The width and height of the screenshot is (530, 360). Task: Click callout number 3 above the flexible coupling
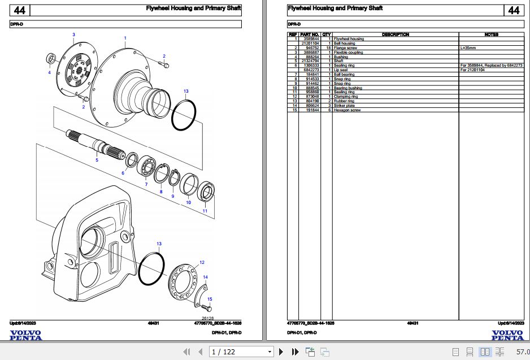pos(73,35)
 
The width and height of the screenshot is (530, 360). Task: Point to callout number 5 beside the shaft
pos(97,161)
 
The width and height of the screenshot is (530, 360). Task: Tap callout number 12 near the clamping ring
pos(202,262)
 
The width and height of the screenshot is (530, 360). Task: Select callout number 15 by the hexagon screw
pos(210,299)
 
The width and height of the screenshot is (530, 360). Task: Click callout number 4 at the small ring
pos(49,72)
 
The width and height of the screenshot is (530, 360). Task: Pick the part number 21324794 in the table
pos(309,61)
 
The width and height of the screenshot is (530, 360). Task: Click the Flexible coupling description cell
pos(349,53)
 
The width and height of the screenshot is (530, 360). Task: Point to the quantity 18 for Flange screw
pos(327,48)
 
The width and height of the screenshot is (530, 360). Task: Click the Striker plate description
pos(345,106)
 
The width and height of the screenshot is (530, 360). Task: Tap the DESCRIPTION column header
pos(396,34)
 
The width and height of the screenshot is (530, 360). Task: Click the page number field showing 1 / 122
pos(241,352)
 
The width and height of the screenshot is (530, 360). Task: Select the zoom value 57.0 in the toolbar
pos(522,352)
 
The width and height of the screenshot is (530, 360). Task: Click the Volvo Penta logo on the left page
pos(25,335)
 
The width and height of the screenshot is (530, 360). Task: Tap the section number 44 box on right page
pos(513,10)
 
